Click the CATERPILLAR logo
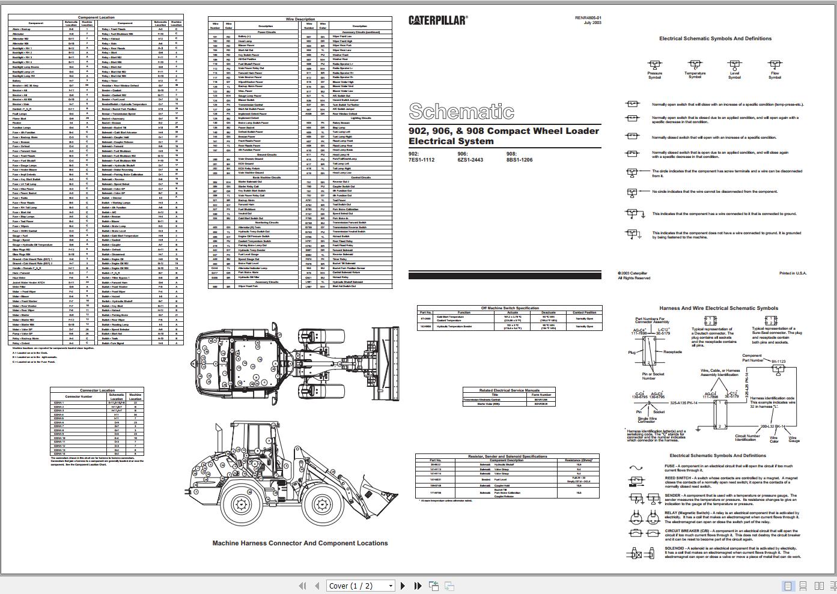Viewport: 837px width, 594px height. [437, 20]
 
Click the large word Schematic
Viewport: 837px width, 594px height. [461, 111]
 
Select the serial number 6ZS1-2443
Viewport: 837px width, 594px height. [470, 160]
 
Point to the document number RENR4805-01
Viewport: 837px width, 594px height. [588, 18]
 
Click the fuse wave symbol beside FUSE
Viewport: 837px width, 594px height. [635, 467]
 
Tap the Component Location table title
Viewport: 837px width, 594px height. [96, 17]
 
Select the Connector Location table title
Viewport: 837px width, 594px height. [97, 390]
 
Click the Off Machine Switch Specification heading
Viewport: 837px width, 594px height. [510, 308]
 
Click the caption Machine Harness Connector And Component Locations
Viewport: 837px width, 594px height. [300, 543]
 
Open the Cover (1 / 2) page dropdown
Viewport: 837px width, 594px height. [361, 586]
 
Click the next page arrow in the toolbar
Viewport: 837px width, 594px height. [403, 586]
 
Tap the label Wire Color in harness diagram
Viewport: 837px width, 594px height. [774, 439]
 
